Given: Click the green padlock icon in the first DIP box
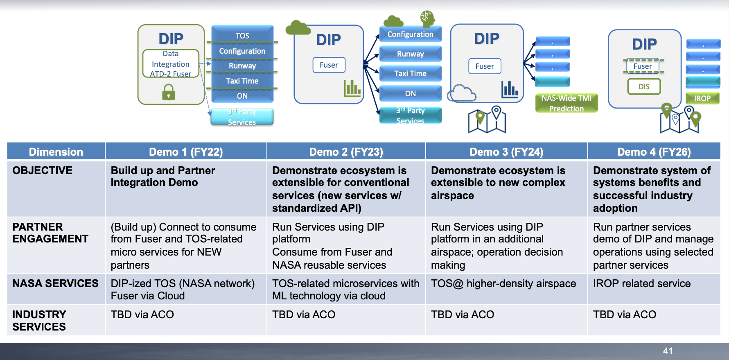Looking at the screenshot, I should pos(169,92).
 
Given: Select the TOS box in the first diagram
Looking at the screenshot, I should pos(242,36).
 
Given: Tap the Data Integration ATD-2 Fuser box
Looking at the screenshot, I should pos(171,63).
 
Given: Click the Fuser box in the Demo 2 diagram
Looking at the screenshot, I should pos(329,65).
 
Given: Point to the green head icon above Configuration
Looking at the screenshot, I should pos(427,18).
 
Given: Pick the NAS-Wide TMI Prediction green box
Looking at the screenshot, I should pos(566,103).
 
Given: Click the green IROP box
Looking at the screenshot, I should pos(702,98).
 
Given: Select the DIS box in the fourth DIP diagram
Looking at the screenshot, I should pos(644,86).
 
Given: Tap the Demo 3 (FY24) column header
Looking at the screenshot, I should pos(506,152).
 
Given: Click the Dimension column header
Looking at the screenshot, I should pos(56,152).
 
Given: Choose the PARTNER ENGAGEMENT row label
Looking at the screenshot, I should pos(50,233).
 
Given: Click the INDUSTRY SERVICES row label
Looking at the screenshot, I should pos(39,320).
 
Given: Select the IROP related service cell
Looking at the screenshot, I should pos(641,283).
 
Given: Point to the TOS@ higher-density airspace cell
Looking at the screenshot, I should pos(503,283).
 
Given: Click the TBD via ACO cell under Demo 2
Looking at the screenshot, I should pos(304,315).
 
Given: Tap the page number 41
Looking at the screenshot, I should pos(668,351).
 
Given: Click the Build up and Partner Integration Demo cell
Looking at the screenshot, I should pos(163,177).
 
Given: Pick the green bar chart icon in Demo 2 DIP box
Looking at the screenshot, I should pos(352,88).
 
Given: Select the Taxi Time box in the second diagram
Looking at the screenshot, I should pos(410,74).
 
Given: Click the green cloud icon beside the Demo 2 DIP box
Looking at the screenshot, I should pos(298,28).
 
